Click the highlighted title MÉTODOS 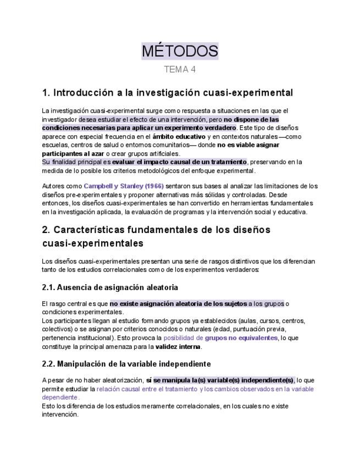(180, 52)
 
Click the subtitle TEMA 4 (180, 70)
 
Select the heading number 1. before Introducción (46, 92)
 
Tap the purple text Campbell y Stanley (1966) (123, 186)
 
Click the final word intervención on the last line (59, 414)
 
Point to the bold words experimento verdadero (202, 127)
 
